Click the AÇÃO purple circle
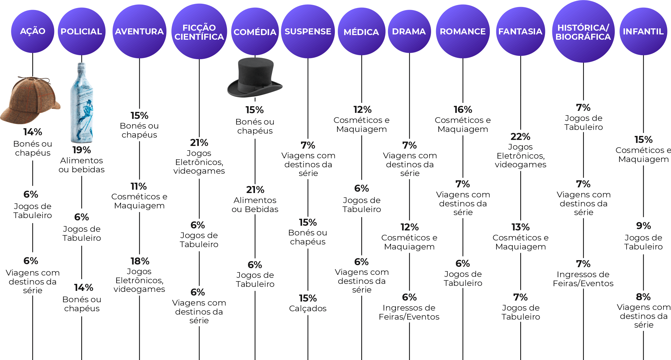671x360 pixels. point(32,31)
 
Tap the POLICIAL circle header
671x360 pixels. point(81,31)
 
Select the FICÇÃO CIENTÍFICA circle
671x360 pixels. point(199,32)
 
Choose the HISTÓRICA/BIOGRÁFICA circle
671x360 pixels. point(583,32)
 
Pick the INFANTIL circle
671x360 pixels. point(643,31)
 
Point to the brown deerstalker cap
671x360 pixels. point(30,100)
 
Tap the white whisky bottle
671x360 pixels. point(82,104)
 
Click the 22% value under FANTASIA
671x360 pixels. point(520,137)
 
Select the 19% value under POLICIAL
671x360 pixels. point(82,150)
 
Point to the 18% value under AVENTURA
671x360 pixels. point(140,261)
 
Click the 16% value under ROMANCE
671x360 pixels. point(463,110)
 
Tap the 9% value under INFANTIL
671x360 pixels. point(643,226)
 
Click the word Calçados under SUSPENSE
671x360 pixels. point(308,309)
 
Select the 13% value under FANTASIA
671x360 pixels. point(520,227)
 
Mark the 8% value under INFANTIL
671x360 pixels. point(643,297)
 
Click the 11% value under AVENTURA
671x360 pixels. point(139,186)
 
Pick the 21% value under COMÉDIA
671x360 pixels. point(255,190)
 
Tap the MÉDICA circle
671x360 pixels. point(361,32)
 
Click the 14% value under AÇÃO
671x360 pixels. point(33,132)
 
